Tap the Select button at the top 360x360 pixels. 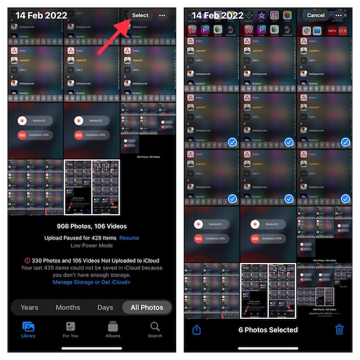coord(140,15)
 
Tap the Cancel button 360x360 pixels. coord(316,15)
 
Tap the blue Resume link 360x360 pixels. coord(129,238)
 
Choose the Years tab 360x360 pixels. coord(29,307)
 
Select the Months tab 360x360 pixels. coord(67,307)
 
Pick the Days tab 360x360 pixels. coord(105,307)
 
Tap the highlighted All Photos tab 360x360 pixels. coord(147,307)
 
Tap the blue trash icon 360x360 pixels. coord(339,330)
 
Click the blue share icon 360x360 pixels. coord(196,330)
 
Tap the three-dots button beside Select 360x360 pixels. coord(162,15)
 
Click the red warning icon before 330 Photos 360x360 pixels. coord(26,260)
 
